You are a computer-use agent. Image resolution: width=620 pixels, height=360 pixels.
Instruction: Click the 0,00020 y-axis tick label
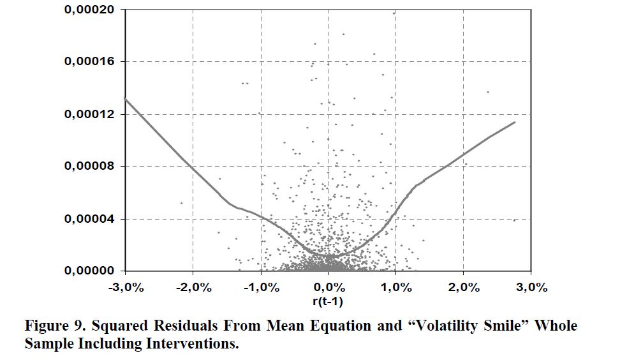(91, 10)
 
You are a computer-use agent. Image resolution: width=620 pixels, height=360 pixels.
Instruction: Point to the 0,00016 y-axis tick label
(91, 62)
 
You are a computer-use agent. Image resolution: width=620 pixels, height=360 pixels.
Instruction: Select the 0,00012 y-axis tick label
(91, 114)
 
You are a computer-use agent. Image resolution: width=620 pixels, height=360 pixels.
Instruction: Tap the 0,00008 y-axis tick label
(91, 167)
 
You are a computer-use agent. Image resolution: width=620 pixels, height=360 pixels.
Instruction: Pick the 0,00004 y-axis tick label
(91, 219)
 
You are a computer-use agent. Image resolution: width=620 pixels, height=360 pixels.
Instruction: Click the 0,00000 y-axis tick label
(91, 271)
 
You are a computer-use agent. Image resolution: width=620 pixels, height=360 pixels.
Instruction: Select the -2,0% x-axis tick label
(193, 287)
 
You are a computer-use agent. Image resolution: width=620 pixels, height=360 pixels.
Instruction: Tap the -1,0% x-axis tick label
(260, 287)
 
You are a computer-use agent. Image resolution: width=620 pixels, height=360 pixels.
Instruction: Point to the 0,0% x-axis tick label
(328, 287)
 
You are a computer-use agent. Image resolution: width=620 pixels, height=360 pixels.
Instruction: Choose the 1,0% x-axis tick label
(396, 287)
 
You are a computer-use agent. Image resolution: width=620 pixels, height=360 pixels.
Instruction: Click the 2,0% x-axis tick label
(464, 287)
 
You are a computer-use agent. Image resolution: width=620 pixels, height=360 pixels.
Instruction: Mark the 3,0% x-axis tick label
(531, 287)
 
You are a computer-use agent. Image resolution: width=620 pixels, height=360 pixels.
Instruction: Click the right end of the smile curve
(514, 122)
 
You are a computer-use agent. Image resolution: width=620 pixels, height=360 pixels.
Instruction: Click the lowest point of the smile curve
(332, 256)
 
